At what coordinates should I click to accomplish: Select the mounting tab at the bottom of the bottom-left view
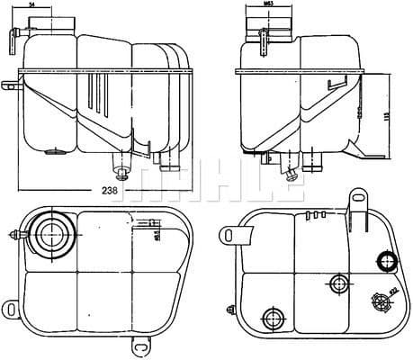[x=141, y=343]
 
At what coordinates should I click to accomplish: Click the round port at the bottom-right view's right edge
[x=387, y=262]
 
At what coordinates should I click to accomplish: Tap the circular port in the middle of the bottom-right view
[x=339, y=284]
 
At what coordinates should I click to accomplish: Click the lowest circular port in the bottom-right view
[x=271, y=317]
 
